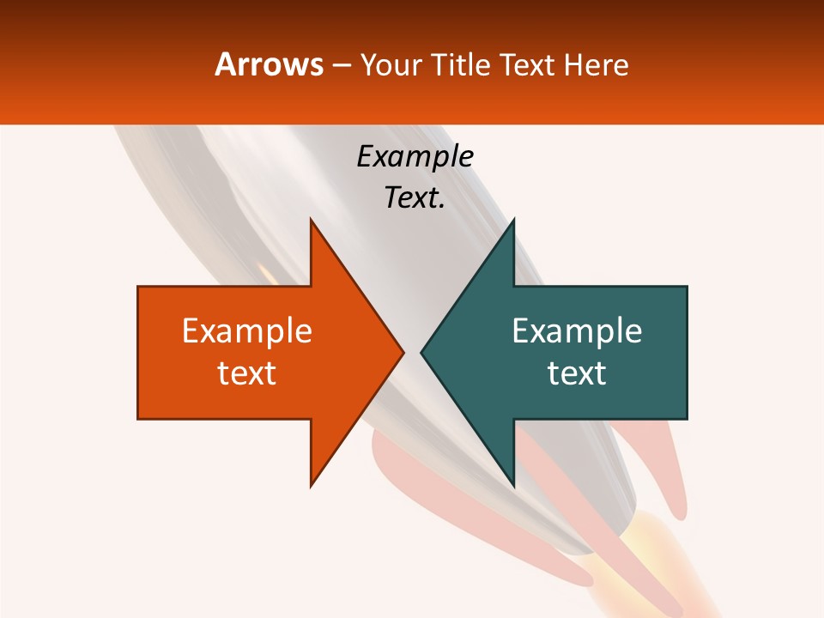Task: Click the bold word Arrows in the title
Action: (x=270, y=64)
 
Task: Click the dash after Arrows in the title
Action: (x=341, y=65)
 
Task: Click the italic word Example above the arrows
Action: (x=415, y=157)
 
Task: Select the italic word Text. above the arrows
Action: (x=415, y=198)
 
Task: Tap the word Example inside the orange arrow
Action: (x=247, y=331)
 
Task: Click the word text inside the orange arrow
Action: (x=247, y=373)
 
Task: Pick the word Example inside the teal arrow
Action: (x=577, y=331)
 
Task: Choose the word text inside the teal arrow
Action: (x=577, y=373)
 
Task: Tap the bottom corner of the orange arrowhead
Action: (x=312, y=484)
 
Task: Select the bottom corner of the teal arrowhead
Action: (x=512, y=484)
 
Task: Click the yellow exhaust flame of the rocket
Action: (x=639, y=558)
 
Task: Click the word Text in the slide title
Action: (x=527, y=65)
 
